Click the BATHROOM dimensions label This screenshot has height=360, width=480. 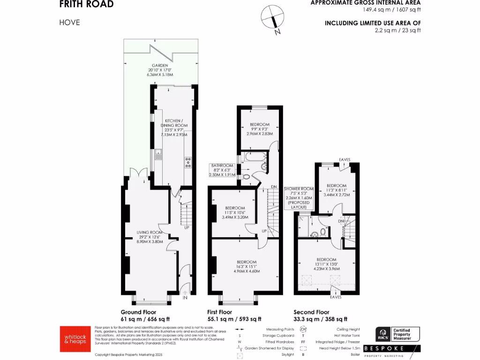(221, 170)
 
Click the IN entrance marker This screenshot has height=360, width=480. (185, 297)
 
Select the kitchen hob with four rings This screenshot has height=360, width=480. (188, 162)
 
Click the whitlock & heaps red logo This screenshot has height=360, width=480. (74, 338)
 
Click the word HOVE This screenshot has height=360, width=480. (69, 22)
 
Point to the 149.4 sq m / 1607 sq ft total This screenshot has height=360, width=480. (391, 9)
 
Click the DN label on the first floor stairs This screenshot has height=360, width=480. (274, 187)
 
